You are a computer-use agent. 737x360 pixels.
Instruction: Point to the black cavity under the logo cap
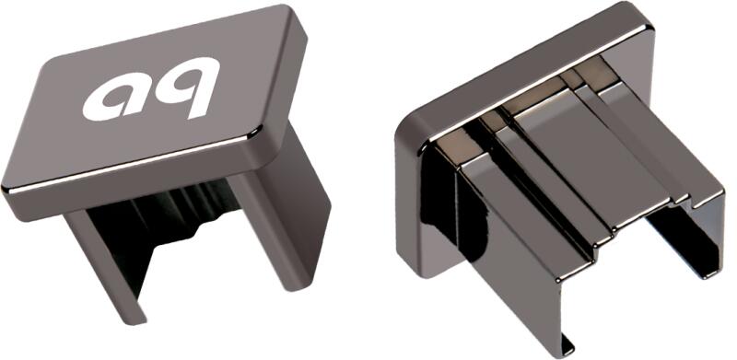tap(155, 221)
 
